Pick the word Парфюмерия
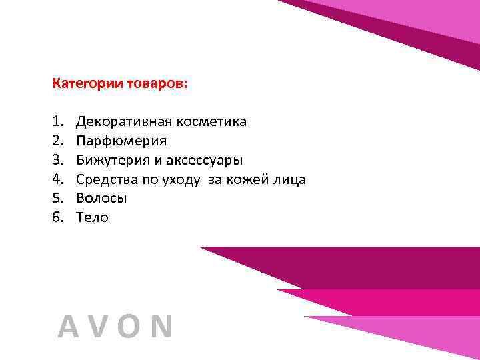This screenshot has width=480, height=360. (121, 141)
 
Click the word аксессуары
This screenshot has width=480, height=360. (207, 160)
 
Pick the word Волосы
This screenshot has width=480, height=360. (101, 198)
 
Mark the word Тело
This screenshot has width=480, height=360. (92, 217)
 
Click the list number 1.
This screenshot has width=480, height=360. (56, 122)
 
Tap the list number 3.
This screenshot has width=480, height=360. (56, 160)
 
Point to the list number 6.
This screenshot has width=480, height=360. (56, 217)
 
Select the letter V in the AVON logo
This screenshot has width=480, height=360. (99, 327)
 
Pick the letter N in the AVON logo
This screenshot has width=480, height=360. (161, 327)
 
